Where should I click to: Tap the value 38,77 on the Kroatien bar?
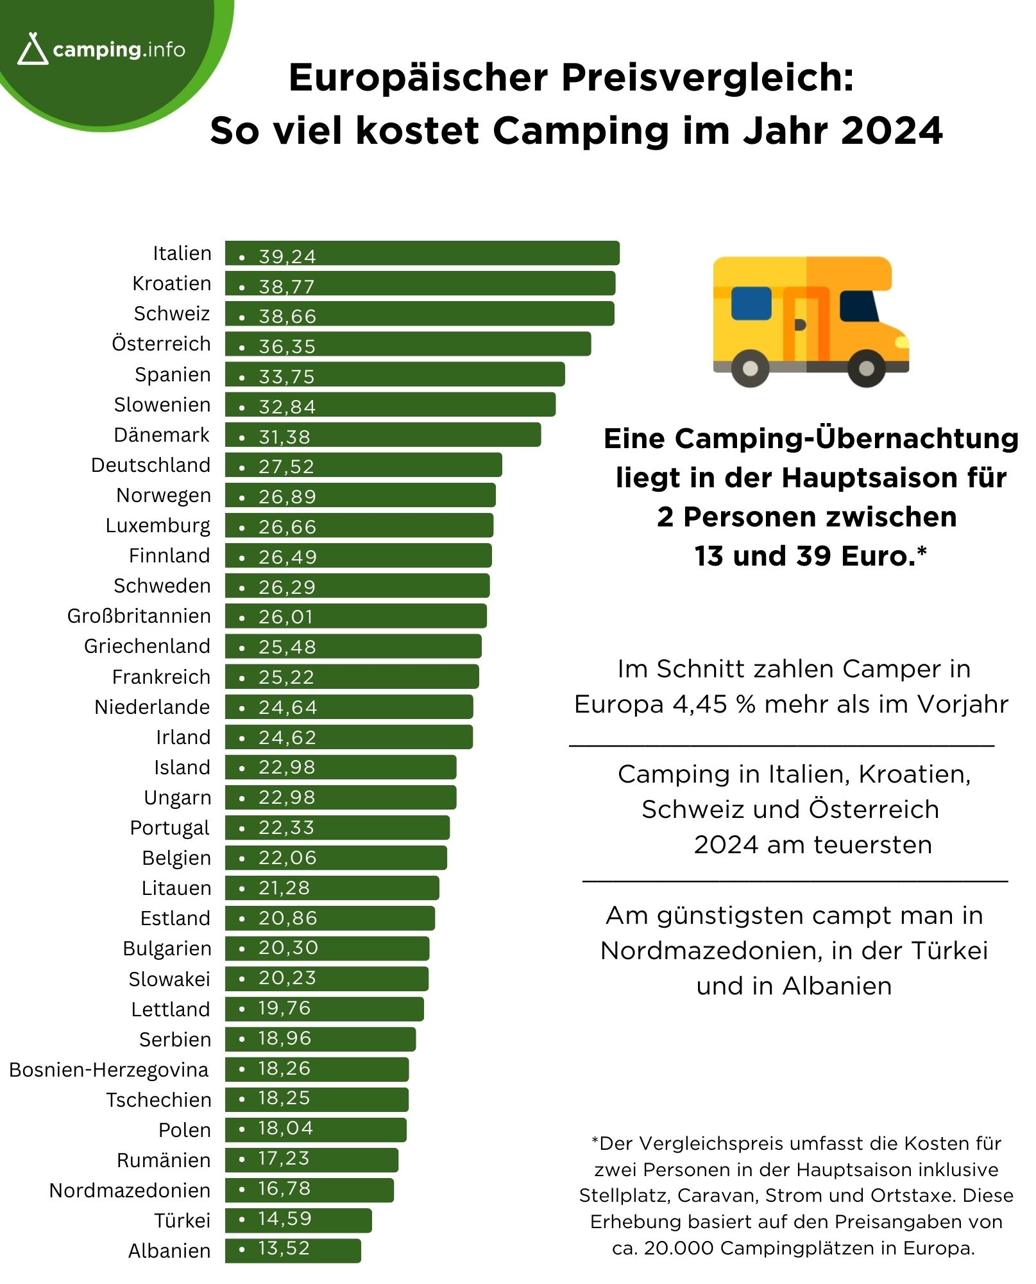(x=287, y=286)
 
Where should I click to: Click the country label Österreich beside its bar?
(x=161, y=343)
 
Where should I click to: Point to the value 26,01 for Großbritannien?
(x=286, y=616)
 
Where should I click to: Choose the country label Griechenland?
(x=147, y=646)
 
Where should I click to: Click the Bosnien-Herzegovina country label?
(x=109, y=1070)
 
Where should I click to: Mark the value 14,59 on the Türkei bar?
(x=285, y=1219)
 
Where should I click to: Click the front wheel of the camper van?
(x=866, y=368)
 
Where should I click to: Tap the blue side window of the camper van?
(x=751, y=303)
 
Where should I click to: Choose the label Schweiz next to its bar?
(x=172, y=313)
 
